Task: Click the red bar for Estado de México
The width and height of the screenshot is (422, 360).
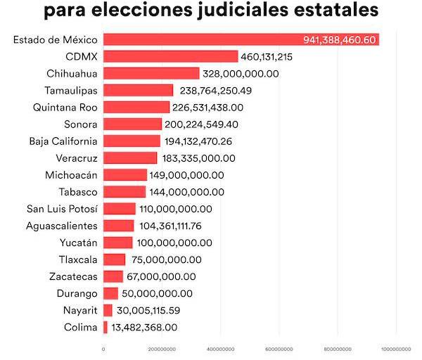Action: click(x=204, y=39)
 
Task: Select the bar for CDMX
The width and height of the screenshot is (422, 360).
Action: click(x=171, y=56)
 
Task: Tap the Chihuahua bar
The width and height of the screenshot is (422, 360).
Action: click(x=151, y=73)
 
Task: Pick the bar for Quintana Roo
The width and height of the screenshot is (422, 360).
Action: click(x=136, y=107)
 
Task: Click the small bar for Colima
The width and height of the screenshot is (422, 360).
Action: click(x=105, y=327)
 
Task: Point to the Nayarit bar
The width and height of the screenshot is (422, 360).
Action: click(x=108, y=310)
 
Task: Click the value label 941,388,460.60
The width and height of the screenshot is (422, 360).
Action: click(x=340, y=39)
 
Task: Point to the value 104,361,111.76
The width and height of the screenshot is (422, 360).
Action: click(x=179, y=226)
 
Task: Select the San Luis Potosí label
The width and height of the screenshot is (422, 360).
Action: click(x=63, y=209)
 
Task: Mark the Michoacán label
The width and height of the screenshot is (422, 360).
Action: click(x=72, y=175)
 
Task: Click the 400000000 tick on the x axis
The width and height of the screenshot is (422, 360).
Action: click(x=220, y=349)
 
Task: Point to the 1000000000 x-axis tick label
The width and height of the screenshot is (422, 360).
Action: click(x=396, y=349)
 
